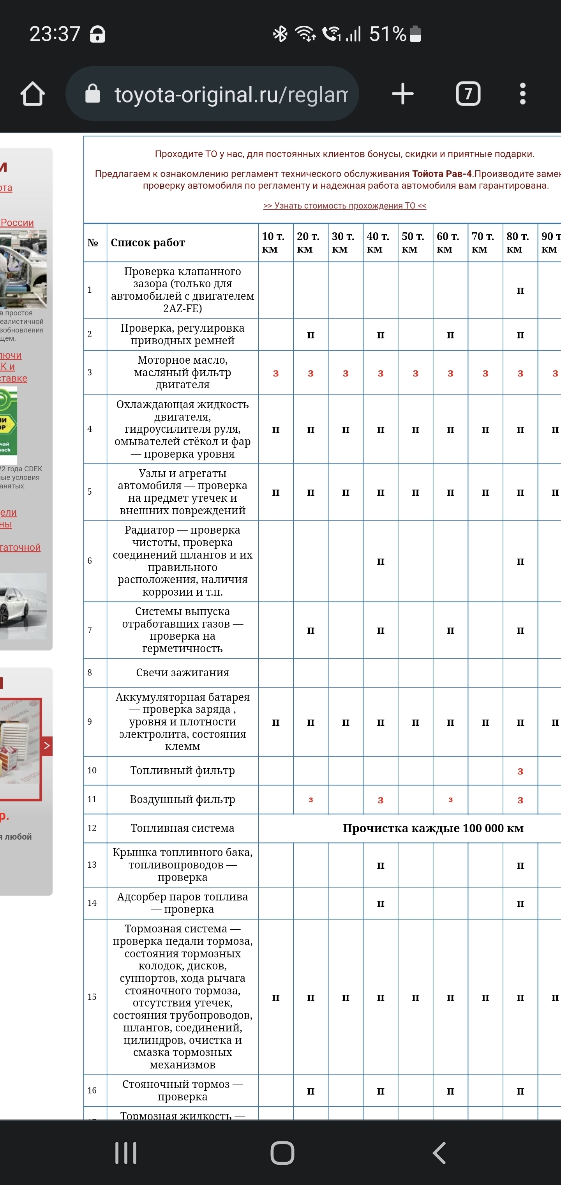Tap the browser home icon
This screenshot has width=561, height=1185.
(33, 94)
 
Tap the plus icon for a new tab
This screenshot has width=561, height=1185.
(403, 94)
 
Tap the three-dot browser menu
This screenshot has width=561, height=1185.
(522, 94)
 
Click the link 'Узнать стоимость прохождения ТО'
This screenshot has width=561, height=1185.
(344, 206)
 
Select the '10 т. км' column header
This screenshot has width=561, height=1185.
(273, 242)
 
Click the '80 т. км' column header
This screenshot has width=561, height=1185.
(518, 242)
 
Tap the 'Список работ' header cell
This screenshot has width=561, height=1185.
(148, 242)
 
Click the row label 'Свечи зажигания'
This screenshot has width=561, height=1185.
(183, 672)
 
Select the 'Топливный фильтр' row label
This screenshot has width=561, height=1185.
(183, 770)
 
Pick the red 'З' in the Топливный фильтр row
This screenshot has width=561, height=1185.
(520, 771)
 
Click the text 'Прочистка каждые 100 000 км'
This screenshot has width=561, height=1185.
(433, 828)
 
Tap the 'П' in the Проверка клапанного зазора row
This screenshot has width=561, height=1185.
(520, 291)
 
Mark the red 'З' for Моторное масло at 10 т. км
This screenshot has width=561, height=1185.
(276, 373)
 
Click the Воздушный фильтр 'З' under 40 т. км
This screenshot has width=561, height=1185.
(380, 800)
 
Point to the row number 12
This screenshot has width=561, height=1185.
(92, 828)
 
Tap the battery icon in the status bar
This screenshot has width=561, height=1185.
(415, 34)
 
